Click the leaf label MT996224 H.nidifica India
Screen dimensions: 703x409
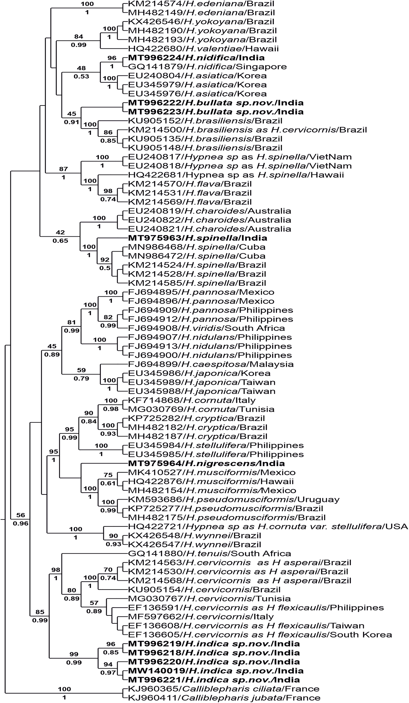[x=196, y=58]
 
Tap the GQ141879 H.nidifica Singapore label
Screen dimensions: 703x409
[x=207, y=67]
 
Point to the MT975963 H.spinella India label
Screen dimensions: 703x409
[x=197, y=238]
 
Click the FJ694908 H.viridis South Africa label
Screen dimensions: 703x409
[x=207, y=328]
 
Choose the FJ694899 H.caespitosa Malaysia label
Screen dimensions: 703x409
[x=211, y=364]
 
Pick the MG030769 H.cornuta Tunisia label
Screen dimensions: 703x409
[x=201, y=409]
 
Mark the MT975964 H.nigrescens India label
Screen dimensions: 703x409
[x=206, y=464]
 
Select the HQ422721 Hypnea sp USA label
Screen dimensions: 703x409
[x=268, y=526]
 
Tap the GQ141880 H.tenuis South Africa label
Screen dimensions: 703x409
[x=209, y=553]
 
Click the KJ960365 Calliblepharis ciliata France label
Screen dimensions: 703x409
[x=224, y=688]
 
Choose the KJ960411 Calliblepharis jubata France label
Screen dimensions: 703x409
[x=224, y=698]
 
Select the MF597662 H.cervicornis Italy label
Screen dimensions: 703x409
[x=201, y=616]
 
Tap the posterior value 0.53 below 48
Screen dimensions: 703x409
[x=82, y=76]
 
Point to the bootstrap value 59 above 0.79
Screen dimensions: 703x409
[x=81, y=370]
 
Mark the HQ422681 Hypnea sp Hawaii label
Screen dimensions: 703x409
[x=236, y=175]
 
